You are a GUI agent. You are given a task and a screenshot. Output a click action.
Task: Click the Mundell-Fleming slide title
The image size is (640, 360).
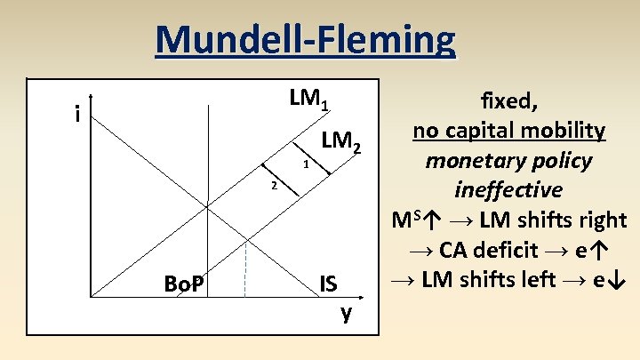point(305,39)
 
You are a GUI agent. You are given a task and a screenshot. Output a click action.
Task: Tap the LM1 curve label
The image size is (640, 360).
point(308,100)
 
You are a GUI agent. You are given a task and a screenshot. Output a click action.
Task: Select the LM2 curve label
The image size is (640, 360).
point(341,140)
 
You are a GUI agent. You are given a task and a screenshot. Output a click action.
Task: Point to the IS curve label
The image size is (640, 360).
point(328,284)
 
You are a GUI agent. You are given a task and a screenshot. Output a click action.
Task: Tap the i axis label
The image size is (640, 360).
point(79,114)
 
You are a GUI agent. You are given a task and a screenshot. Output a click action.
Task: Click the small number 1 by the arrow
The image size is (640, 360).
point(305,165)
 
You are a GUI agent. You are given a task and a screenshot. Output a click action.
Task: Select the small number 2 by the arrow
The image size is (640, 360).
point(275,186)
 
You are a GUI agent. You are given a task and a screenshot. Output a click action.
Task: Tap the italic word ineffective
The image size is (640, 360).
point(508,189)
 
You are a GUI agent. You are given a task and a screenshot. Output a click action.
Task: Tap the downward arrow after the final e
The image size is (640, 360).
point(620,279)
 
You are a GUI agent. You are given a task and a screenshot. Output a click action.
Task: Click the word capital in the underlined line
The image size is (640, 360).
point(487,132)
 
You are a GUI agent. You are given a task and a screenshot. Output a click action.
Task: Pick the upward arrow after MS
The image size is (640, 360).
point(435,220)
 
